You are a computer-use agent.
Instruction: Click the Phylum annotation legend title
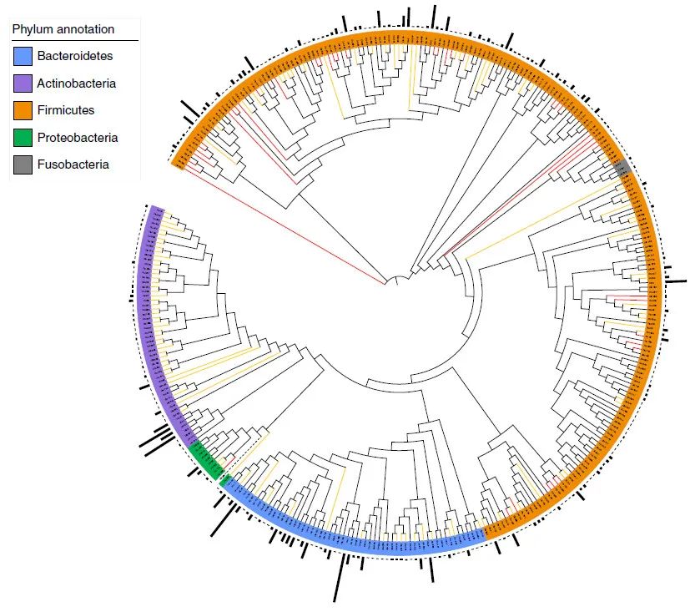click(x=63, y=29)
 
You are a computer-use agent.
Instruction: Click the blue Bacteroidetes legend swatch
click(x=23, y=57)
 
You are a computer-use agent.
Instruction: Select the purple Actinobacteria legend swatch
click(x=23, y=83)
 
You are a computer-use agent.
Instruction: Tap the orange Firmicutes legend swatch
click(x=23, y=110)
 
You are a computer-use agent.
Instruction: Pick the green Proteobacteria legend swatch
click(x=23, y=138)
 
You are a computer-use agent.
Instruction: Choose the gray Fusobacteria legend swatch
click(x=23, y=164)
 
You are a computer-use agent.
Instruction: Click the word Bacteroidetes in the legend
click(x=75, y=57)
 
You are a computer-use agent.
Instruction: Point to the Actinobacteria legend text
click(x=77, y=83)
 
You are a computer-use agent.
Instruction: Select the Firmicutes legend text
click(x=66, y=110)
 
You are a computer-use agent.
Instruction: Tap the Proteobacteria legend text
click(x=78, y=138)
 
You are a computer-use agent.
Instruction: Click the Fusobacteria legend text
click(x=73, y=164)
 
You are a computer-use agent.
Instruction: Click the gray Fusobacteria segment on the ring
click(x=622, y=168)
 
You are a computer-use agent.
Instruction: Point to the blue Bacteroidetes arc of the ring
click(x=350, y=543)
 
